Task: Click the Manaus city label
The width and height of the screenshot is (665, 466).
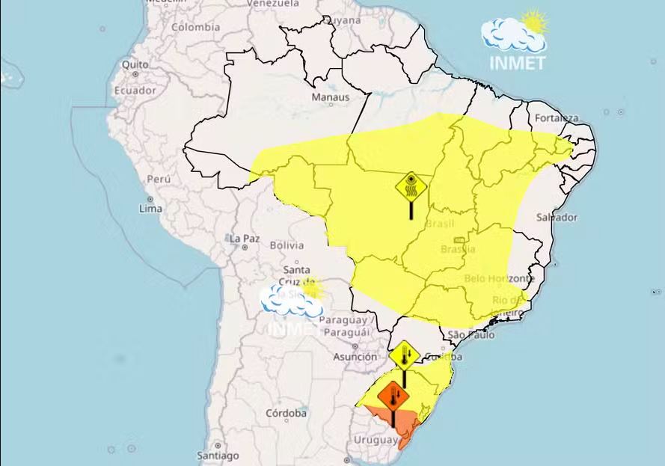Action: [x=331, y=97]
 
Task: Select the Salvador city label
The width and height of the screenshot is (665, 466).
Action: [x=557, y=218]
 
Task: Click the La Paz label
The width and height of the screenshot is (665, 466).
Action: [x=245, y=239]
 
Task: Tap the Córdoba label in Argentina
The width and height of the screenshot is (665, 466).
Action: [x=285, y=413]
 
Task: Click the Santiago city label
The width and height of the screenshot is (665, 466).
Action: [x=218, y=455]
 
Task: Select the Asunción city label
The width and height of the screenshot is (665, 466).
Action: [x=355, y=357]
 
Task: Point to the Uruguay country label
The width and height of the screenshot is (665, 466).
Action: [x=376, y=440]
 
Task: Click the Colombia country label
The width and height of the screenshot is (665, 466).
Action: [x=195, y=27]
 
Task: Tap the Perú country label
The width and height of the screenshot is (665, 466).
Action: [x=159, y=180]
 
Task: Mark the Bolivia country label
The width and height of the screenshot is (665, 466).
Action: [x=287, y=245]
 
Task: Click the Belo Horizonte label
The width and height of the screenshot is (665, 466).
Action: [x=500, y=278]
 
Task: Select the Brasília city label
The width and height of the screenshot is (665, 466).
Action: [x=459, y=249]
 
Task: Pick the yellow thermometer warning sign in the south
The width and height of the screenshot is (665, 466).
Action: [x=405, y=354]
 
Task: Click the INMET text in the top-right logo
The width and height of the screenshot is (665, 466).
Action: [x=518, y=62]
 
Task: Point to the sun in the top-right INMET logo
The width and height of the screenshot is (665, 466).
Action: [x=534, y=21]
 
